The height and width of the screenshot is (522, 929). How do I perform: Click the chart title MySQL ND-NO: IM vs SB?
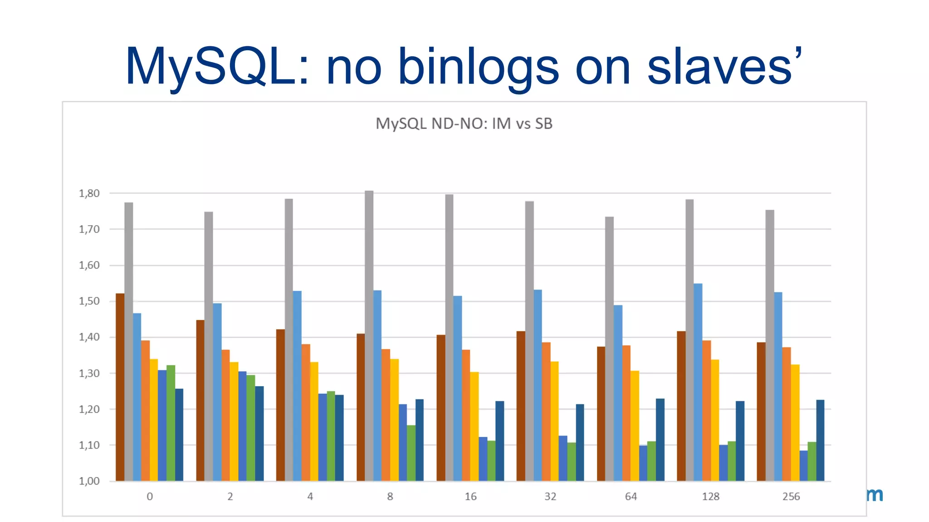tap(464, 123)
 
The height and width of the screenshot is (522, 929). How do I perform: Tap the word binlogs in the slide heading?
tap(478, 67)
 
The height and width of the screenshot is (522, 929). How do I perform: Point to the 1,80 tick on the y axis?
tap(89, 193)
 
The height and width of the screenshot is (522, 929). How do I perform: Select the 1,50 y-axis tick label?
tap(89, 301)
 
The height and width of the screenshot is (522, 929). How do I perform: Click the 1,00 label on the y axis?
tap(89, 481)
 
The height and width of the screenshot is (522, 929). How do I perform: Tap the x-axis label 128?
tap(710, 496)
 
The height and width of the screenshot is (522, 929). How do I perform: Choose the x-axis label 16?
tap(470, 496)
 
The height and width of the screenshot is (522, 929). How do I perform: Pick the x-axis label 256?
tap(791, 496)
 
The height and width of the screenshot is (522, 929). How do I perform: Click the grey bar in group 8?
tap(369, 335)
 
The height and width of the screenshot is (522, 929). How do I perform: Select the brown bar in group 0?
tap(120, 387)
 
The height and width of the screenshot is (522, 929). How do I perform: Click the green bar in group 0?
tap(171, 423)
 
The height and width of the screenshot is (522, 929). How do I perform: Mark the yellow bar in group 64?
tap(635, 425)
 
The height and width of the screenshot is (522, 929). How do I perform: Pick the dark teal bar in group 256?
tap(820, 440)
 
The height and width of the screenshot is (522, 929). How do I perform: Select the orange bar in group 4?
tap(306, 412)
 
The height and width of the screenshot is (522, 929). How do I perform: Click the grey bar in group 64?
tap(609, 349)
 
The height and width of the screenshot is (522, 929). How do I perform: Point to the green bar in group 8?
tap(411, 453)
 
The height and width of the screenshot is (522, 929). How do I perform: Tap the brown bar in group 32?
tap(521, 406)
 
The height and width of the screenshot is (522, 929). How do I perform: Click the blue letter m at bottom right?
tap(875, 495)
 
